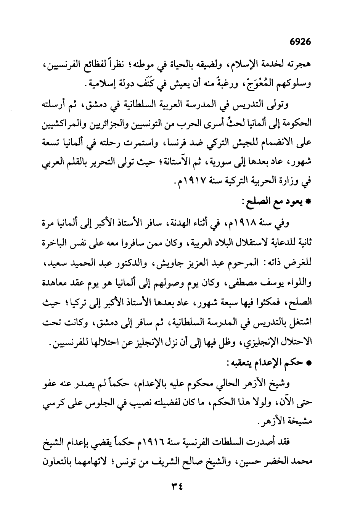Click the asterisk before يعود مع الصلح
(310, 203)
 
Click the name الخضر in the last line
(277, 462)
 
